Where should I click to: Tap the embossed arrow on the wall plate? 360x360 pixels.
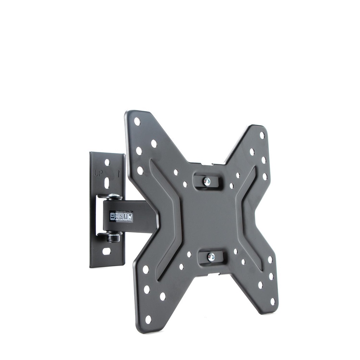click(x=118, y=173)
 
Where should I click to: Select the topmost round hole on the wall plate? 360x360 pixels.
click(x=107, y=162)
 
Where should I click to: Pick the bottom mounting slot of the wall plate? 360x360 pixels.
click(x=106, y=251)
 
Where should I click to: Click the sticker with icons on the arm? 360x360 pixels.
click(x=121, y=217)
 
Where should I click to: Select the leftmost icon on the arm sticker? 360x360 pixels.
click(x=113, y=217)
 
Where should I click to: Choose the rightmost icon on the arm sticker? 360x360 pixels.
click(x=130, y=217)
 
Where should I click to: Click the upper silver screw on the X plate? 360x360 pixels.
click(x=207, y=181)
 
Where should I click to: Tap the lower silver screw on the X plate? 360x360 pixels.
click(x=211, y=257)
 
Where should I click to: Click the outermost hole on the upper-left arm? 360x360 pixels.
click(x=137, y=122)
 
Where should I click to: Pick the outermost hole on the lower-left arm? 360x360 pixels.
click(x=148, y=319)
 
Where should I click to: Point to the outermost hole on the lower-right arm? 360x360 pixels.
click(x=272, y=301)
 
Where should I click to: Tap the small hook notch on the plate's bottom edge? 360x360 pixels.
click(x=214, y=274)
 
